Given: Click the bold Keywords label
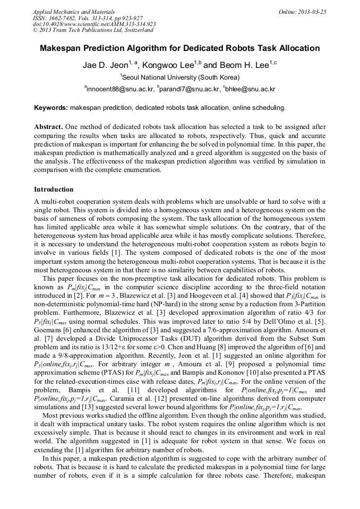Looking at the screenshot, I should click(51, 108).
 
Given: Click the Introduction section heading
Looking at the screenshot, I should click(54, 189).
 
